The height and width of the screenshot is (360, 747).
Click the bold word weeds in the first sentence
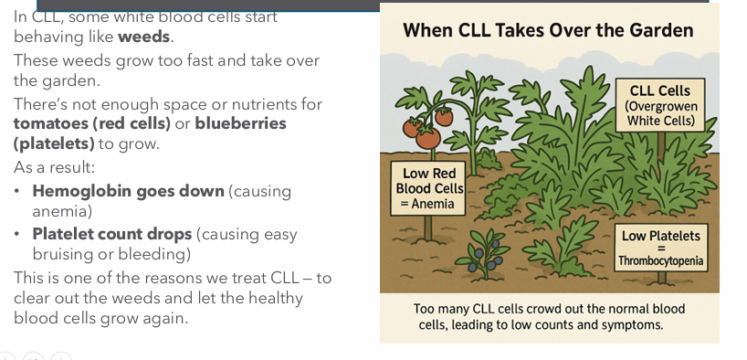point(144,37)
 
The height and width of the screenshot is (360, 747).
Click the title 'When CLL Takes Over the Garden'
point(548,30)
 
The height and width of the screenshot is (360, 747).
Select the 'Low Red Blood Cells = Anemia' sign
point(429,188)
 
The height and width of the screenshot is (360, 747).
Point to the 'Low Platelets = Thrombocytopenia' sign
point(662,248)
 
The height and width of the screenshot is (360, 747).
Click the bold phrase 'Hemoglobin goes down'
point(128,191)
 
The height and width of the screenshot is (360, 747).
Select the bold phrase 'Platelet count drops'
point(112,234)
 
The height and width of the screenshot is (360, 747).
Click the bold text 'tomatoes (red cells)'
point(92,123)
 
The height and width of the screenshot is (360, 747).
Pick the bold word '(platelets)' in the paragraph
point(54,143)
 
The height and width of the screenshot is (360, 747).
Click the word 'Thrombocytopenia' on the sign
point(661,260)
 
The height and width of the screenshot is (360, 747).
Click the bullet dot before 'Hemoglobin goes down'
point(17,192)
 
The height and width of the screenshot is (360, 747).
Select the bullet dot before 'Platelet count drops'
point(17,235)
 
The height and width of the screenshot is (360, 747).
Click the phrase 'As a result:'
point(54,167)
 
